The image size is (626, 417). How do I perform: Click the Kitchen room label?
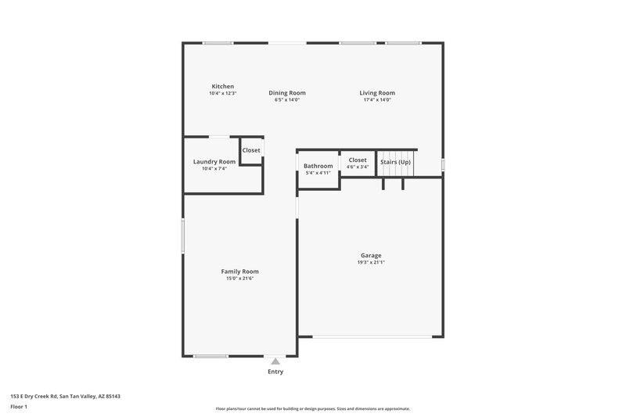tap(223, 86)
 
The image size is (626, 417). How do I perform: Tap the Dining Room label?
tap(287, 93)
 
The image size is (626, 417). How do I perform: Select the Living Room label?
tap(377, 93)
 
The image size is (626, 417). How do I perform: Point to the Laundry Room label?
tap(214, 162)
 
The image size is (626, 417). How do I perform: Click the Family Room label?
tap(239, 271)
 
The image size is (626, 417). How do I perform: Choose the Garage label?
tap(371, 256)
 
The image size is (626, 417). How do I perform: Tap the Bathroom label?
tap(318, 166)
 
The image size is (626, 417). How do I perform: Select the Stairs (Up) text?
tap(395, 162)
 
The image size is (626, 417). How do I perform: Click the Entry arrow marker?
tap(275, 361)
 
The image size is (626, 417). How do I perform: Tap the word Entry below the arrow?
tap(275, 372)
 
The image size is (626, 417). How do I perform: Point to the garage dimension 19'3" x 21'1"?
tap(371, 263)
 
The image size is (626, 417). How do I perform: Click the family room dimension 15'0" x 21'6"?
tap(239, 279)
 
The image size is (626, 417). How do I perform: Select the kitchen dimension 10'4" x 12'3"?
tap(223, 93)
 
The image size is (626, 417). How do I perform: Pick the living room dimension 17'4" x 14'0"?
tap(377, 100)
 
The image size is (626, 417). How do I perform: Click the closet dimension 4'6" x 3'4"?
tap(358, 167)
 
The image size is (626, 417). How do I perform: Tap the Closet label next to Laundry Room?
tap(251, 150)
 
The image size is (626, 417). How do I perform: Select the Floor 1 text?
tap(20, 407)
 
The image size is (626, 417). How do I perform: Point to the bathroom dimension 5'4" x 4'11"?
tap(318, 173)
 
